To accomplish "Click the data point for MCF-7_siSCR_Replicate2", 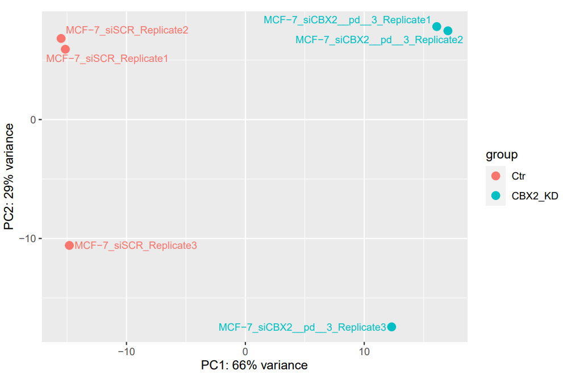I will point(61,39).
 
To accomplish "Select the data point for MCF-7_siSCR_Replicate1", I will point(65,49).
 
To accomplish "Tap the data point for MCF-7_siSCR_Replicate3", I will point(69,245).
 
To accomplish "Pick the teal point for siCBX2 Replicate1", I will point(437,27).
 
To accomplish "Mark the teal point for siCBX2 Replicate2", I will point(448,31).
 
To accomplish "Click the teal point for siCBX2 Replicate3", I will point(391,327).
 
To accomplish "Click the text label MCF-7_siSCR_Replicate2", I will point(127,30).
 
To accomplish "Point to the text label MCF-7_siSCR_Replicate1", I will point(107,59).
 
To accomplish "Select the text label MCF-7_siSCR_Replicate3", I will point(136,245).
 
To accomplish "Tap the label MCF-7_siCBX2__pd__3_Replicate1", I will point(347,20).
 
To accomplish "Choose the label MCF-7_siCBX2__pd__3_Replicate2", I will point(379,40).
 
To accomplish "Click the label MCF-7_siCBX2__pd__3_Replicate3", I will point(302,327).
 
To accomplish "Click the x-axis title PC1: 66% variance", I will point(254,365).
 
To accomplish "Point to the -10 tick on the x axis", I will point(126,352).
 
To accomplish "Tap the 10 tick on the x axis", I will point(364,352).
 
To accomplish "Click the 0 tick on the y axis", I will point(33,120).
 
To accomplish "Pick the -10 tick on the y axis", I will point(28,239).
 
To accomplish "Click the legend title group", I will point(501,155).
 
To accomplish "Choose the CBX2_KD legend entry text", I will point(535,196).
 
